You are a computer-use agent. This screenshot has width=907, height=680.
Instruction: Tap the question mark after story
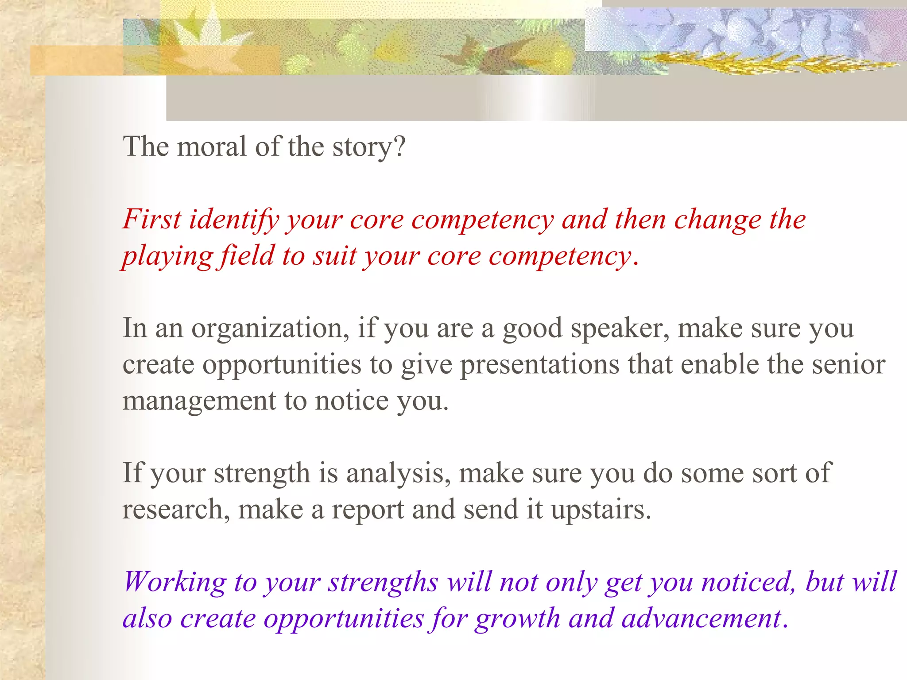point(399,147)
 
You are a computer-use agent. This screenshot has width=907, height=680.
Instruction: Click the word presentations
point(539,365)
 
